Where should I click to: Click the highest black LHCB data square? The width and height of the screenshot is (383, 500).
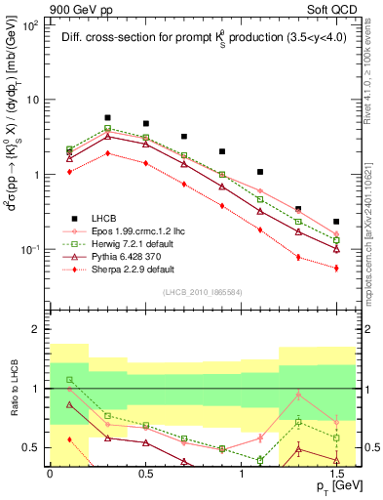click(x=107, y=117)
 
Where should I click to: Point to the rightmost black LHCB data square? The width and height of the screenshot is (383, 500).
click(x=336, y=222)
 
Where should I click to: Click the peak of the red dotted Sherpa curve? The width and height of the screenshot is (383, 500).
click(x=107, y=152)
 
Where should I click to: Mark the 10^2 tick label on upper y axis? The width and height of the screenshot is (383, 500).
click(x=29, y=25)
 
